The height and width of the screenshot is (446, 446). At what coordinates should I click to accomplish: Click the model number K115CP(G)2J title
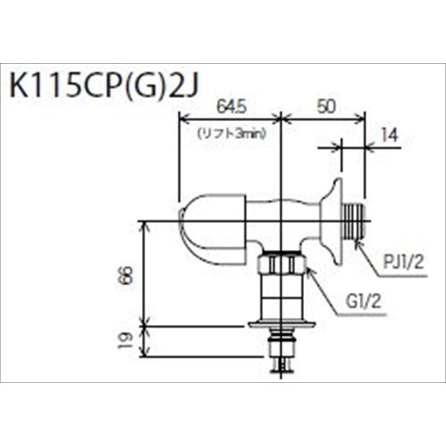[x=104, y=83]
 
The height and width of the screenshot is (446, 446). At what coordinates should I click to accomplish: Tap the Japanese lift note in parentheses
[x=231, y=134]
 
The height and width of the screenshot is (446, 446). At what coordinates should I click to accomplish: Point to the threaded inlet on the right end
[x=355, y=219]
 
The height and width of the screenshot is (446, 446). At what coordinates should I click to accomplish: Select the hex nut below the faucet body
[x=281, y=264]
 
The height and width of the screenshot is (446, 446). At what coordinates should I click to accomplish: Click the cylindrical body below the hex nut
[x=281, y=297]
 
